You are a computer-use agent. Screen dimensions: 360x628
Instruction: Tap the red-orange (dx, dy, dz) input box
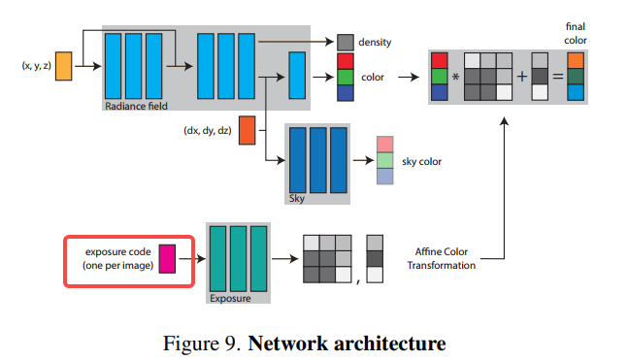point(247,129)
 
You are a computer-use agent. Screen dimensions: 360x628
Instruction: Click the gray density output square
point(346,43)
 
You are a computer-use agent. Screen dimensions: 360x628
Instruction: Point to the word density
point(377,44)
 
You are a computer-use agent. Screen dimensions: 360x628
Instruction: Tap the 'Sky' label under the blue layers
point(297,197)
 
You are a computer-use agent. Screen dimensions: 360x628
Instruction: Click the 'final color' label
point(574,35)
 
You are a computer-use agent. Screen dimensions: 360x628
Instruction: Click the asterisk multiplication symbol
point(455,77)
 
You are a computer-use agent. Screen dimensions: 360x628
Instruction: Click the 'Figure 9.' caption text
point(209,343)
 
